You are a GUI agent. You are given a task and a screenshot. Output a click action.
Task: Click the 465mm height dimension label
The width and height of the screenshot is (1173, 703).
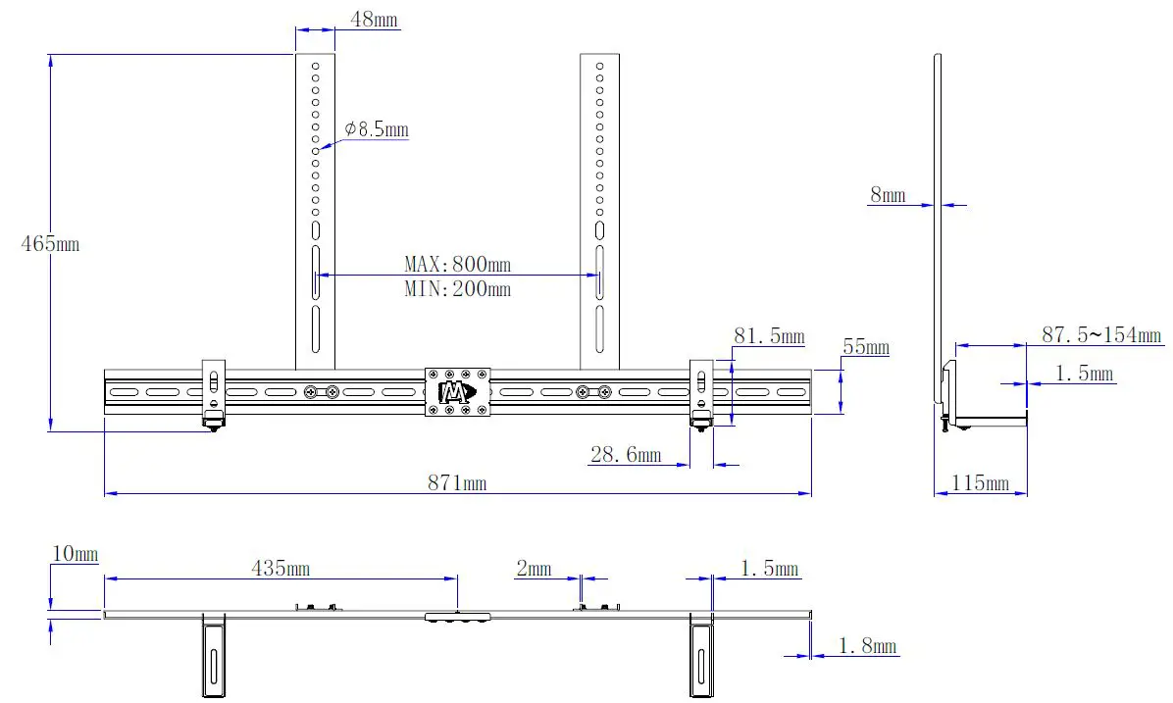[50, 244]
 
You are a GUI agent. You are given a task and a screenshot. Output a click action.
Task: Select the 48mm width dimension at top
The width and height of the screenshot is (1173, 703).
[375, 20]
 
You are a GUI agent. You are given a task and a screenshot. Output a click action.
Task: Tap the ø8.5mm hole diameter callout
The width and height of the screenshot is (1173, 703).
[377, 129]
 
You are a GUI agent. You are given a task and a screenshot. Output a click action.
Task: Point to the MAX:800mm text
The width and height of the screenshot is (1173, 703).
[457, 264]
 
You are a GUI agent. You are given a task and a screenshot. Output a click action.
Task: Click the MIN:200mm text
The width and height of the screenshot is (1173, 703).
[457, 288]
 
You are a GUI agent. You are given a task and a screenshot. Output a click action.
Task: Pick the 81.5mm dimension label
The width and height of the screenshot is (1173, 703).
[769, 336]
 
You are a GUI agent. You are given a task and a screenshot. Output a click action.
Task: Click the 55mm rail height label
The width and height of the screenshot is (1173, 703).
[865, 347]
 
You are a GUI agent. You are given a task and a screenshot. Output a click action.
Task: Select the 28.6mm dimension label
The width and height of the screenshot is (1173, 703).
[625, 454]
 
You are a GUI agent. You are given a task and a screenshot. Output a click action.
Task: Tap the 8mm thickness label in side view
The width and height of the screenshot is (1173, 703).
[888, 195]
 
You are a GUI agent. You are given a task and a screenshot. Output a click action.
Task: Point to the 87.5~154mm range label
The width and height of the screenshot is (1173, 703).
[1101, 335]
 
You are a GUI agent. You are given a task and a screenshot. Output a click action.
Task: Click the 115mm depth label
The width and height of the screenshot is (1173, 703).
[981, 483]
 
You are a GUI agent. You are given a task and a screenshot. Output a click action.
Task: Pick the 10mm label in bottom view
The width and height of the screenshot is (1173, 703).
[75, 555]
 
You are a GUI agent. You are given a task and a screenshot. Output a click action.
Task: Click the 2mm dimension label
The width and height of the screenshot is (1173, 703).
[534, 569]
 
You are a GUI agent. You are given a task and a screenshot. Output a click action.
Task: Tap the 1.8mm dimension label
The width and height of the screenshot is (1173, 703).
[868, 646]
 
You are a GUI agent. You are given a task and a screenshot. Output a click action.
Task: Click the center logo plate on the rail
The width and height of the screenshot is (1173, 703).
[457, 392]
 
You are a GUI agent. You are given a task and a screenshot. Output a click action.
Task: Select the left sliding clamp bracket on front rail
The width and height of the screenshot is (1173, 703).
[213, 393]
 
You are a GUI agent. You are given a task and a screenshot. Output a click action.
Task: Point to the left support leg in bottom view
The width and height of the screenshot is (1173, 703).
[213, 657]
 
